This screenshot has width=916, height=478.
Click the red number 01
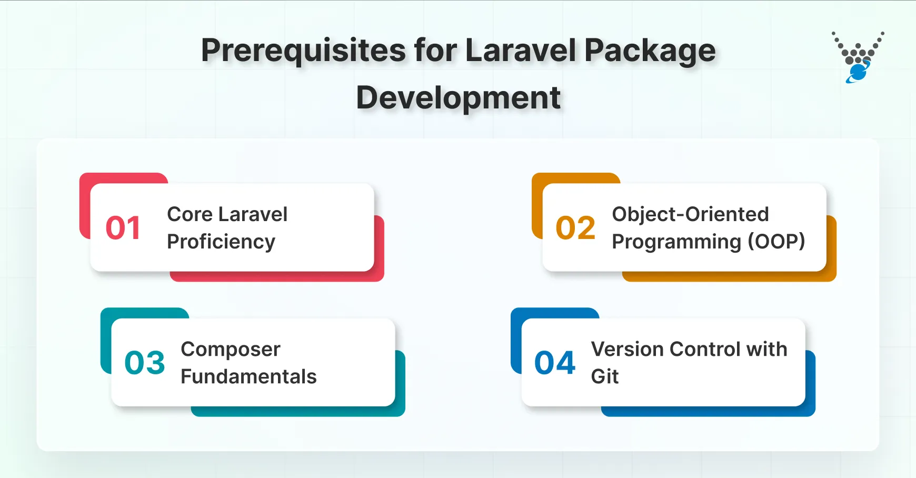click(x=123, y=228)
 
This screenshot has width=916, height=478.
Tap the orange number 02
click(x=575, y=228)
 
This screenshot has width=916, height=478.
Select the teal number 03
click(x=145, y=363)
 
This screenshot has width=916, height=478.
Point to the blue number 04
click(x=555, y=363)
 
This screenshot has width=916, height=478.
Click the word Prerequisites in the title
click(x=304, y=51)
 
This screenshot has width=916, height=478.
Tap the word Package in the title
click(x=650, y=51)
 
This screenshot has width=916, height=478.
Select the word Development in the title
click(x=458, y=98)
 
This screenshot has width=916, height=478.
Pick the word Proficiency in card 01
click(x=221, y=242)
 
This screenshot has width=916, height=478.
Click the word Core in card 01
click(x=190, y=214)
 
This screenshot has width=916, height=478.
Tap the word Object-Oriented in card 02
click(x=690, y=214)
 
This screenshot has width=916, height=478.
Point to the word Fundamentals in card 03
click(x=248, y=376)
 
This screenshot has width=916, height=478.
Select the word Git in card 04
click(x=605, y=376)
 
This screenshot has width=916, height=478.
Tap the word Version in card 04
click(x=627, y=349)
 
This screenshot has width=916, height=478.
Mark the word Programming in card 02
click(x=676, y=242)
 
